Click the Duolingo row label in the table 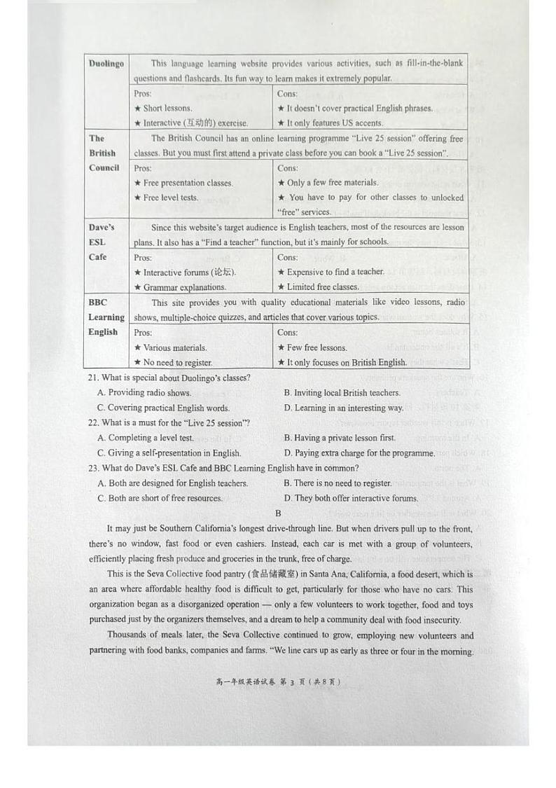(x=106, y=64)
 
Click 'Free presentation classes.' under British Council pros (x=183, y=183)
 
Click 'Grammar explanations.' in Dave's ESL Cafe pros (x=180, y=287)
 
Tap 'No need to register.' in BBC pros (x=173, y=363)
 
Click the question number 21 (x=93, y=378)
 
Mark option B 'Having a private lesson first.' (x=340, y=438)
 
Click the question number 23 (x=93, y=468)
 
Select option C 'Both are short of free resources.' (x=160, y=499)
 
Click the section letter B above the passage (x=278, y=513)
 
